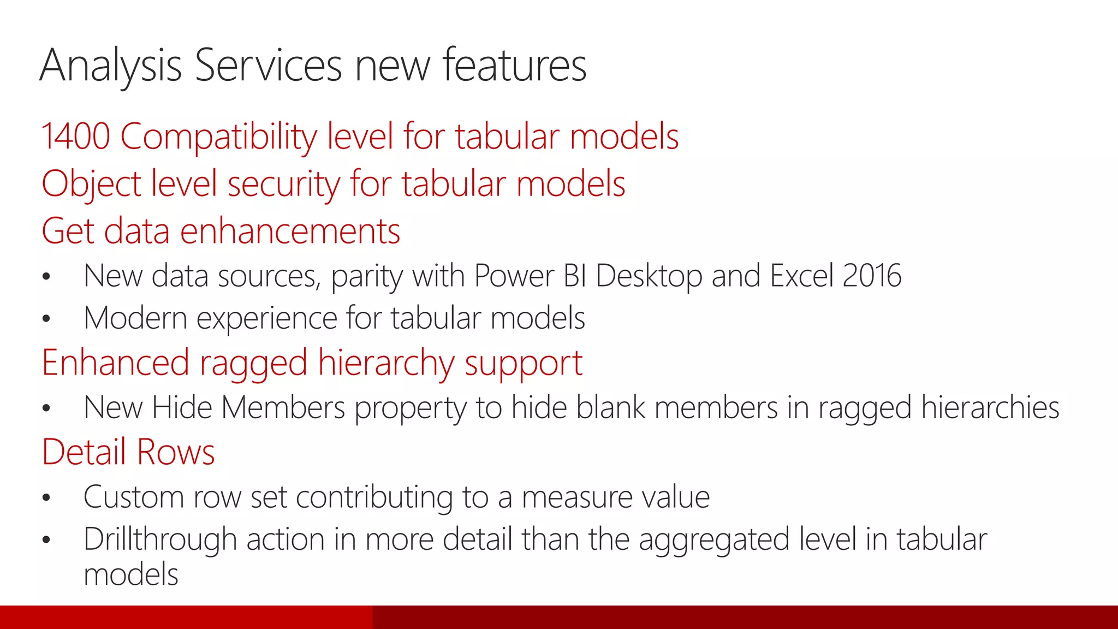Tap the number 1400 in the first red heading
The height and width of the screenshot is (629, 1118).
(75, 136)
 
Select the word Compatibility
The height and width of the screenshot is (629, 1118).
(218, 136)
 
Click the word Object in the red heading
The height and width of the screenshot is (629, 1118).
(91, 184)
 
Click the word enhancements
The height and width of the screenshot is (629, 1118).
(290, 231)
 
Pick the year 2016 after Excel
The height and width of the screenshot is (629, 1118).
(872, 276)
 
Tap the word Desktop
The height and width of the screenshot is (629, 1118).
(649, 276)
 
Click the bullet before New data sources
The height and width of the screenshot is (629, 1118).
(46, 277)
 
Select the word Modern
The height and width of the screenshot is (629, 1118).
(135, 318)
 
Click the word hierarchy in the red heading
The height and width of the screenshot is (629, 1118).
(385, 363)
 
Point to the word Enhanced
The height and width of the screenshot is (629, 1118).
(115, 363)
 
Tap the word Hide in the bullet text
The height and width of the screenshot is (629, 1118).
(182, 408)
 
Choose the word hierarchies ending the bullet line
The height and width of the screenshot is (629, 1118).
(990, 408)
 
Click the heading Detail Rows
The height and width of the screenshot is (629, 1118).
(128, 452)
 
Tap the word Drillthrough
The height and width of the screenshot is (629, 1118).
(160, 539)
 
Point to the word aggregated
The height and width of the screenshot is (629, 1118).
(714, 539)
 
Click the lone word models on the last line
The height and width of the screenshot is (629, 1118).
(131, 574)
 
